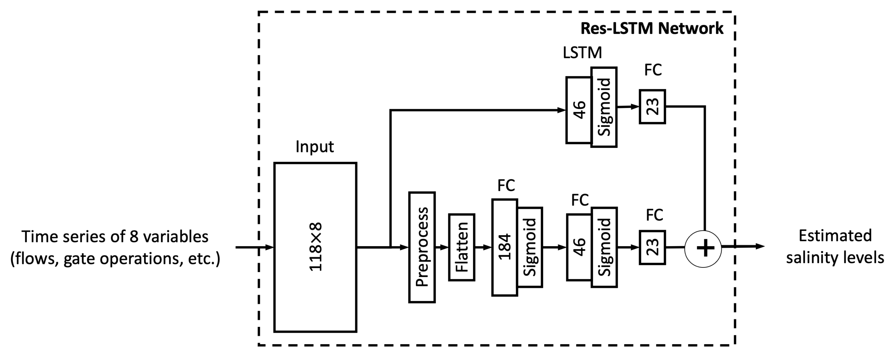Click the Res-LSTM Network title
(652, 28)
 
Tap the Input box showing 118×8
(315, 247)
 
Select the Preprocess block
(422, 247)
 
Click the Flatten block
(462, 247)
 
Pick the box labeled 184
(505, 247)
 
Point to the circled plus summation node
(703, 249)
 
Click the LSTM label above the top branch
(582, 53)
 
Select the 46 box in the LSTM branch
(578, 110)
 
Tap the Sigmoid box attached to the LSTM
(604, 107)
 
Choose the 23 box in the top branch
(652, 107)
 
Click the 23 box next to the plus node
(652, 248)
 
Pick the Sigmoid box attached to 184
(530, 247)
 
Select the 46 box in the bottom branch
(579, 247)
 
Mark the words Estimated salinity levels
(835, 246)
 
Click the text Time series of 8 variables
(115, 237)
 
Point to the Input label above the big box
(315, 147)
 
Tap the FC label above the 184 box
(506, 186)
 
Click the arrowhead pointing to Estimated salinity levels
(760, 246)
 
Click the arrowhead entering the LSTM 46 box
(561, 110)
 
